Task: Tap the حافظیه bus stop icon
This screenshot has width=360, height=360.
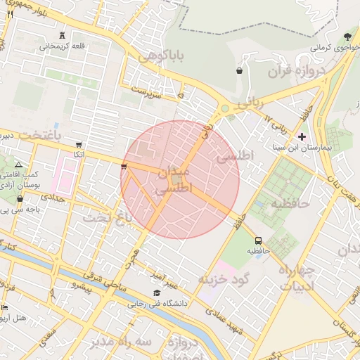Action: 258,240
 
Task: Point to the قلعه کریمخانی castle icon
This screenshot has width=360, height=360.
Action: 63,35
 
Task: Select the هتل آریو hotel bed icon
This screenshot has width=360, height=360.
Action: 5,307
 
